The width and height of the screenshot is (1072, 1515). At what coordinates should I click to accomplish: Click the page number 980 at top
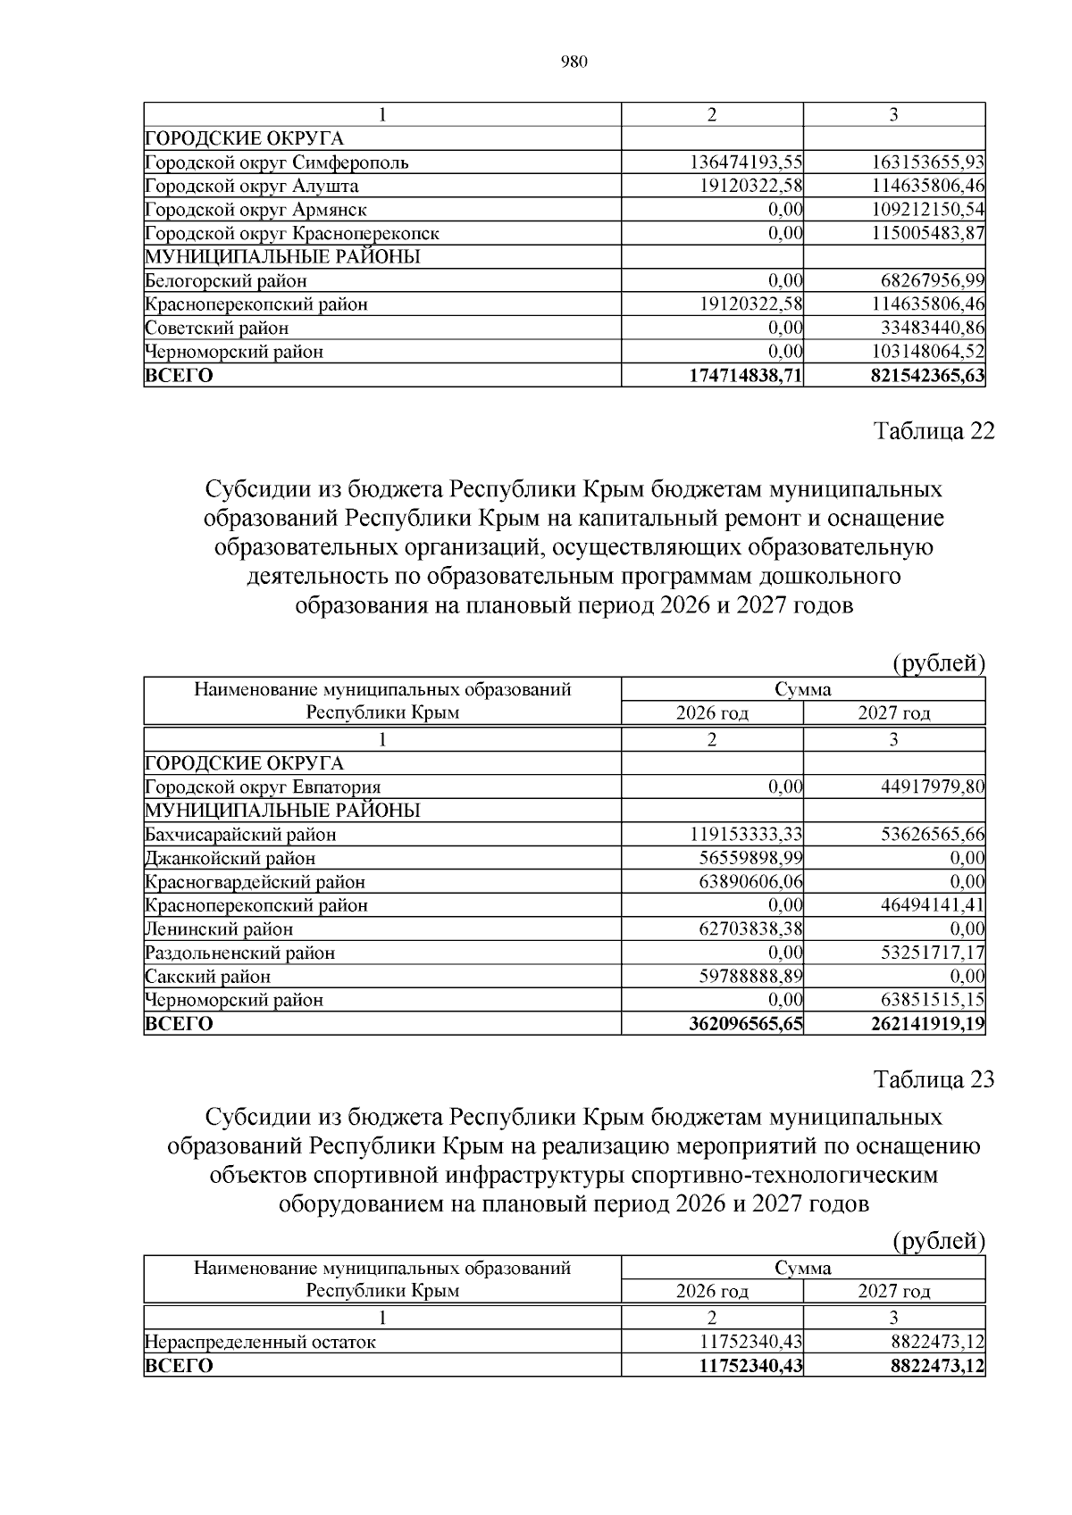574,62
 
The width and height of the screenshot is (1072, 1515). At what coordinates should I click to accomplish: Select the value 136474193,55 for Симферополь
746,162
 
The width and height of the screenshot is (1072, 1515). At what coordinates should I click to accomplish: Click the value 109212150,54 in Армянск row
928,210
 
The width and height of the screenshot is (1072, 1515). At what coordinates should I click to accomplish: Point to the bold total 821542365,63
927,376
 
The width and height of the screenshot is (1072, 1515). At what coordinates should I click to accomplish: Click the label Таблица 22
934,431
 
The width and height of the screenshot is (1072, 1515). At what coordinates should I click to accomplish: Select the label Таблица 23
934,1079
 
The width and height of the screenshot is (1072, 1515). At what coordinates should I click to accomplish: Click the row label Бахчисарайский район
240,835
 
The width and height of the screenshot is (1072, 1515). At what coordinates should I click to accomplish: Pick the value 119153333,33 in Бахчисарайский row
746,835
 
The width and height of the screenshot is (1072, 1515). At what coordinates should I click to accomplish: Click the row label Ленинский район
219,929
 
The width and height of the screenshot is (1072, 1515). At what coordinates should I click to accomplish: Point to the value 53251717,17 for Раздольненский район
933,953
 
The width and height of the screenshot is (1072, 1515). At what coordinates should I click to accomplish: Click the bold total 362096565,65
746,1024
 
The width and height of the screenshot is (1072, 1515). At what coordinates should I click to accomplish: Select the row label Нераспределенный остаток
260,1342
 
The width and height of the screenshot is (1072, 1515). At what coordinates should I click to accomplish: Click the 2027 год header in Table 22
894,713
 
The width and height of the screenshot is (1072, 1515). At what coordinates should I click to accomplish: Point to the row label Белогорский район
226,281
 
